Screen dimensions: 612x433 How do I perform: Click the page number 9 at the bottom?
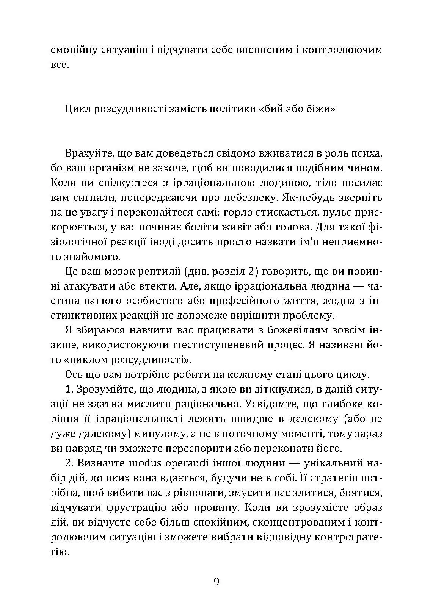coord(216,582)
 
